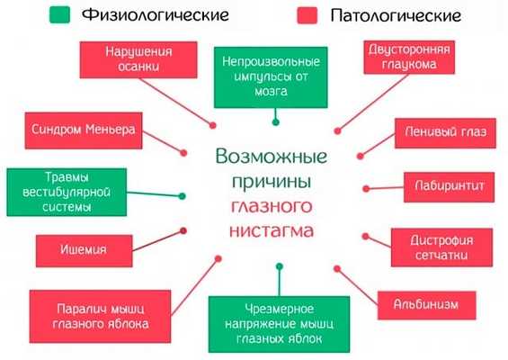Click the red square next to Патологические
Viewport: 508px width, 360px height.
click(x=303, y=15)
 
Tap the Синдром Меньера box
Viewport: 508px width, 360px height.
click(x=80, y=130)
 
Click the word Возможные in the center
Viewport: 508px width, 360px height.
click(x=271, y=156)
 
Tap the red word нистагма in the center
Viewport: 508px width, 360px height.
click(x=271, y=231)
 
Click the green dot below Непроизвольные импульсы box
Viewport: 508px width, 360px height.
click(x=275, y=121)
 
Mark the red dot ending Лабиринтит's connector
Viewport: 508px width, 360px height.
click(x=367, y=187)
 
